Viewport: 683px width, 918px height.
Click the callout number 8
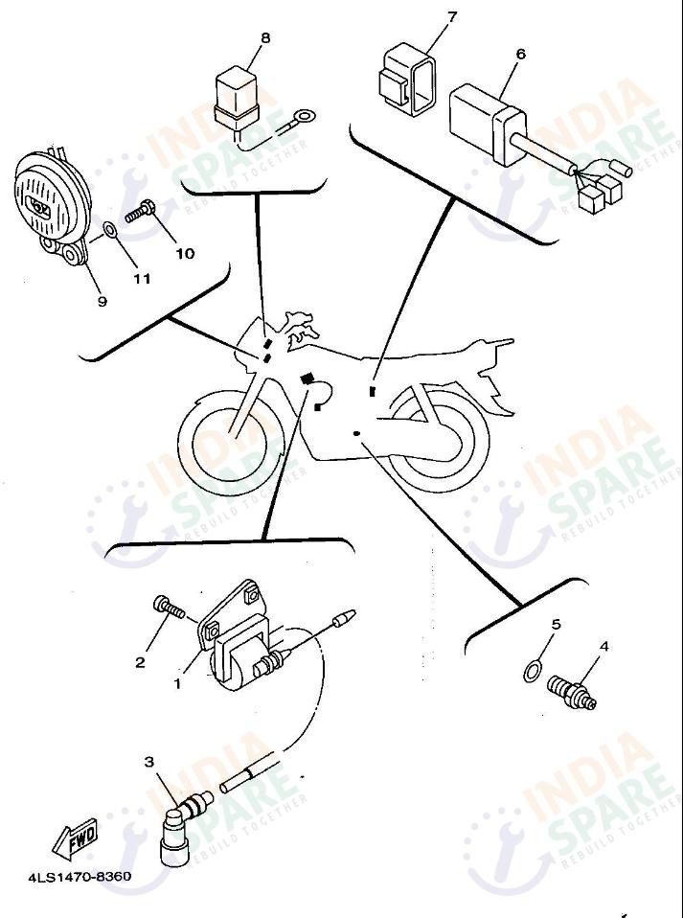point(265,38)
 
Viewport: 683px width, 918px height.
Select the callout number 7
point(451,17)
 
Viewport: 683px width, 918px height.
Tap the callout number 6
point(520,54)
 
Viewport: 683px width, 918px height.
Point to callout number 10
point(185,254)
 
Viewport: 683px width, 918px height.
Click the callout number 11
point(142,279)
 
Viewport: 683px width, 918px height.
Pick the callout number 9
point(102,301)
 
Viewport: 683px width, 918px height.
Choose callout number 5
point(556,624)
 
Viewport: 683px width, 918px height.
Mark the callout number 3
point(149,762)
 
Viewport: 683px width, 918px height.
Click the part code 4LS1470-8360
point(80,877)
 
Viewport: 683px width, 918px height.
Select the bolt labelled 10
point(140,212)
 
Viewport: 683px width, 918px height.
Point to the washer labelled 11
point(110,231)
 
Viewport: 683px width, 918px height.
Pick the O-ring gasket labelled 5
point(532,671)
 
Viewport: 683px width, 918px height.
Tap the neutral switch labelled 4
point(572,692)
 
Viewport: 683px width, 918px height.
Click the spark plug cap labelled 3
point(179,831)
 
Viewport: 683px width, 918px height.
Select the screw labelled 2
point(169,608)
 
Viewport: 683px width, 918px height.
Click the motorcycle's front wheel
point(229,440)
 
